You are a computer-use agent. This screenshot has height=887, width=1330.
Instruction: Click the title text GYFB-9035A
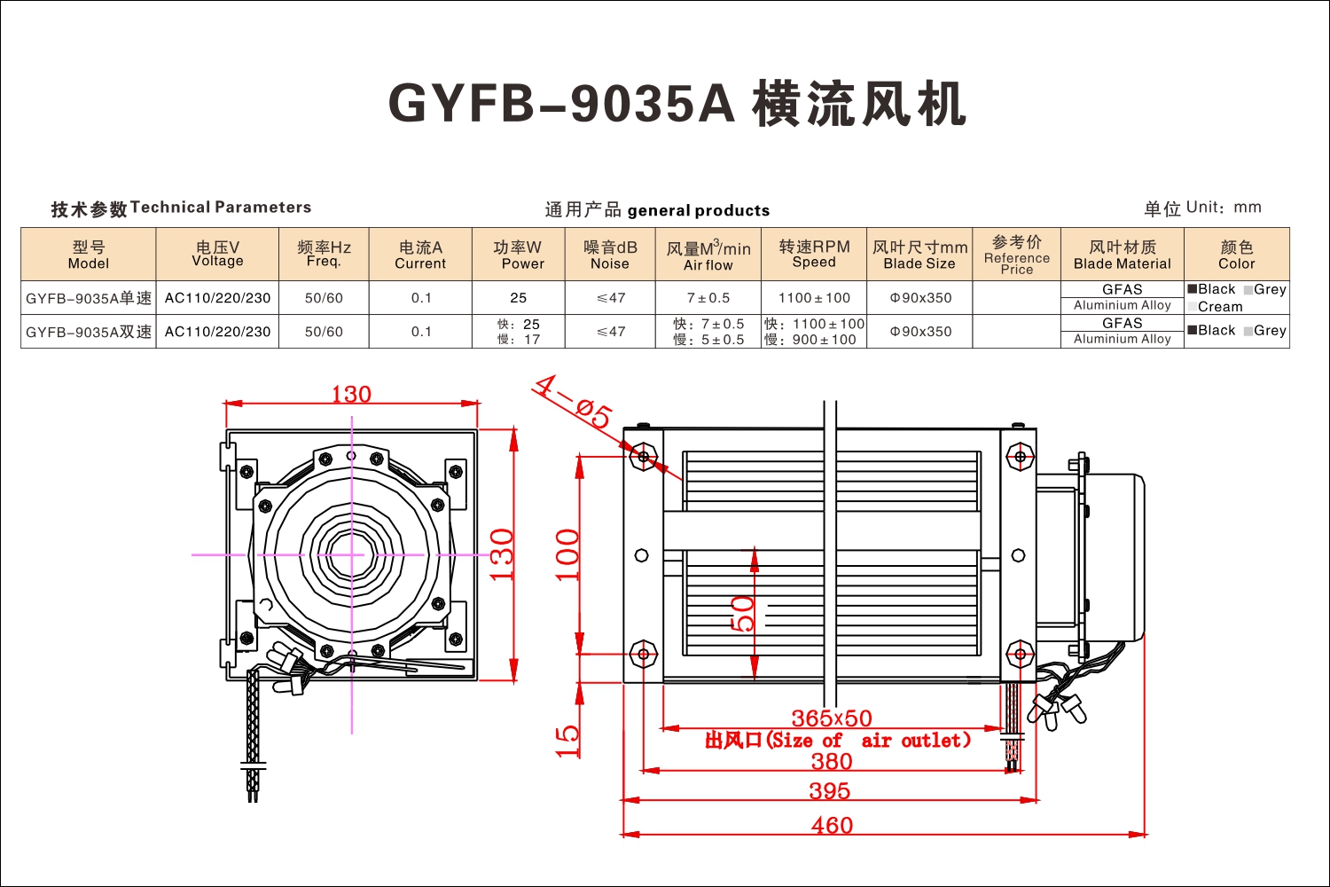pyautogui.click(x=561, y=104)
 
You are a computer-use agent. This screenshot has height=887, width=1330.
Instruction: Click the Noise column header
pyautogui.click(x=610, y=255)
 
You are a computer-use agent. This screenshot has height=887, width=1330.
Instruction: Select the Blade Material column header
pyautogui.click(x=1123, y=255)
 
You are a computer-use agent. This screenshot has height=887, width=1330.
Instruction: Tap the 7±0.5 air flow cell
pyautogui.click(x=708, y=298)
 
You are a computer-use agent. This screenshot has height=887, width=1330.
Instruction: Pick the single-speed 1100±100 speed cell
pyautogui.click(x=814, y=298)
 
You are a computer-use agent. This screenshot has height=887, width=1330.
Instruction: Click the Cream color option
pyautogui.click(x=1215, y=307)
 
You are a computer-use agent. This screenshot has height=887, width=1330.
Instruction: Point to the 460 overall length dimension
pyautogui.click(x=832, y=825)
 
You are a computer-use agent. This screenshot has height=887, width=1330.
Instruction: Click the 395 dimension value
pyautogui.click(x=829, y=790)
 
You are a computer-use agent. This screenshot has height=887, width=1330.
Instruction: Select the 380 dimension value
pyautogui.click(x=832, y=761)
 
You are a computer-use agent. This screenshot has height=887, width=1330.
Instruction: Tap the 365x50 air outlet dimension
pyautogui.click(x=832, y=718)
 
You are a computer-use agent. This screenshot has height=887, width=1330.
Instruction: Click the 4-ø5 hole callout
pyautogui.click(x=573, y=402)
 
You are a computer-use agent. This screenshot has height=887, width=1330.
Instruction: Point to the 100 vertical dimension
pyautogui.click(x=567, y=555)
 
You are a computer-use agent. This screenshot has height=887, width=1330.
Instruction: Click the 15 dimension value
pyautogui.click(x=567, y=741)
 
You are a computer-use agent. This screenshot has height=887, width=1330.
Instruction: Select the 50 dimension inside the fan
pyautogui.click(x=742, y=614)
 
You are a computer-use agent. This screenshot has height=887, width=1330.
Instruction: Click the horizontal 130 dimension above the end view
pyautogui.click(x=351, y=394)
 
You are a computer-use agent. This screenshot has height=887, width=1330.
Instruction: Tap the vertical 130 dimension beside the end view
pyautogui.click(x=502, y=554)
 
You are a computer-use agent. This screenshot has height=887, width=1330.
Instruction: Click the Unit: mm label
pyautogui.click(x=1224, y=208)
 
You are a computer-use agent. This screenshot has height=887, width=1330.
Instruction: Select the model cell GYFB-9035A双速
pyautogui.click(x=89, y=332)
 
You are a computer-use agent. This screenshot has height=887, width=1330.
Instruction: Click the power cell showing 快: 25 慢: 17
pyautogui.click(x=519, y=332)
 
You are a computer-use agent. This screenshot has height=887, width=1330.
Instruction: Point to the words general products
pyautogui.click(x=699, y=210)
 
